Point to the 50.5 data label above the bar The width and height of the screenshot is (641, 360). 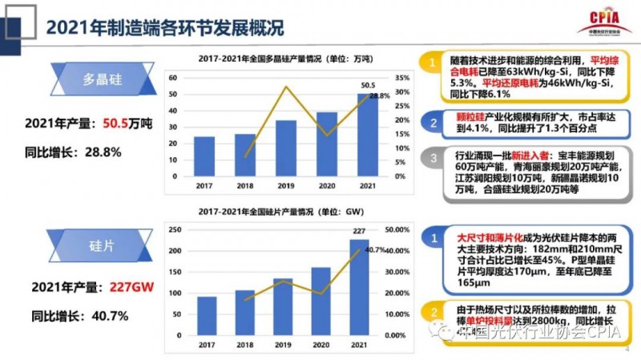pos(369,85)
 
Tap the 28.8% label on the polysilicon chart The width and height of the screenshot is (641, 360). pos(380,96)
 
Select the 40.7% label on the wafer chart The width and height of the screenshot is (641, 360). pos(375,249)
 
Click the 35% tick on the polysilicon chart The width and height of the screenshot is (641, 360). pos(403,77)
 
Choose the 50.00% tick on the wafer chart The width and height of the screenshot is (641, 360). pos(398,229)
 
